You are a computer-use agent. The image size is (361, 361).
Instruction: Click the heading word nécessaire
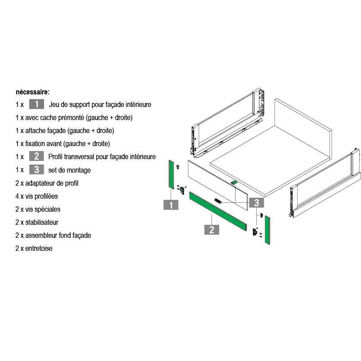pyautogui.click(x=32, y=92)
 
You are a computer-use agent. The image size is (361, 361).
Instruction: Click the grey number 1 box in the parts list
pyautogui.click(x=36, y=104)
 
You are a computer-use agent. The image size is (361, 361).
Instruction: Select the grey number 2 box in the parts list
pyautogui.click(x=36, y=156)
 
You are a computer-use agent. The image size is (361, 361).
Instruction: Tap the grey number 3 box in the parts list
pyautogui.click(x=36, y=169)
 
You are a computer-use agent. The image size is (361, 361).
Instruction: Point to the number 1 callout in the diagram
pyautogui.click(x=171, y=205)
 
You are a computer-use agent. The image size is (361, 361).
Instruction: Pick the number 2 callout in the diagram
pyautogui.click(x=212, y=230)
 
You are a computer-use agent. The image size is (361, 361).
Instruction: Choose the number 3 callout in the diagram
pyautogui.click(x=256, y=203)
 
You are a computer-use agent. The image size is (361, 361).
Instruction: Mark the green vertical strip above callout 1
pyautogui.click(x=171, y=174)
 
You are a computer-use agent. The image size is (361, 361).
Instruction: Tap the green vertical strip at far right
pyautogui.click(x=267, y=230)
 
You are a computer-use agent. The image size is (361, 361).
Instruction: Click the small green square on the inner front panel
pyautogui.click(x=234, y=183)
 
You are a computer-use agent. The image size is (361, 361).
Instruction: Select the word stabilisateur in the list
pyautogui.click(x=42, y=223)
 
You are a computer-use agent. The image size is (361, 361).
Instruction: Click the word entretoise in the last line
pyautogui.click(x=39, y=249)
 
